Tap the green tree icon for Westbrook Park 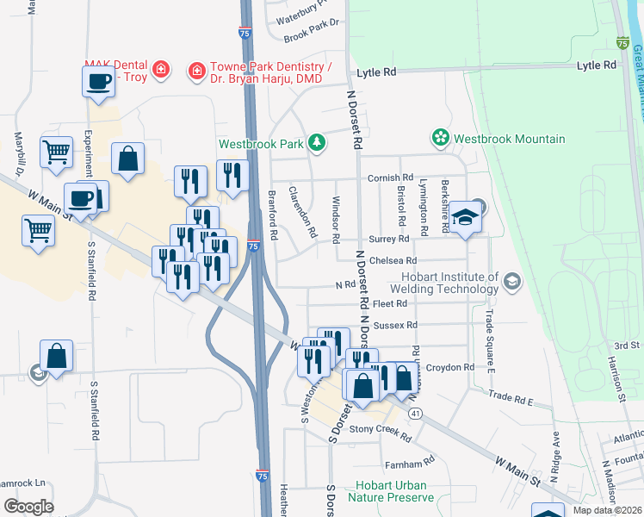(318, 142)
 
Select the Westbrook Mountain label (510, 139)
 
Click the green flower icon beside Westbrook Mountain (441, 138)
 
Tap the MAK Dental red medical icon (160, 69)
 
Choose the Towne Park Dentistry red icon (197, 69)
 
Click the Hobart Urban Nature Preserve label (391, 491)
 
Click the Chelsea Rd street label (395, 260)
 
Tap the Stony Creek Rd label (380, 428)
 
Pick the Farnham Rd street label (406, 464)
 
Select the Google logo (28, 507)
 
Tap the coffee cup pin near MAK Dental (99, 83)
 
